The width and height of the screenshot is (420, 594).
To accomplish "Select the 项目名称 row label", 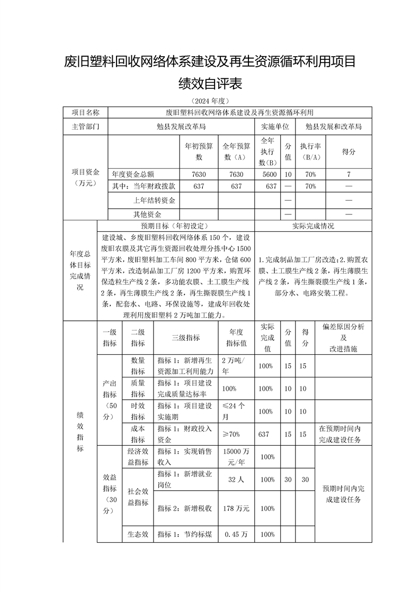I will pos(85,112).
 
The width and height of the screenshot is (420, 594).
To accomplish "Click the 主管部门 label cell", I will pos(85,127).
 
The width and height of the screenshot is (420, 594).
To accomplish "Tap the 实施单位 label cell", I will pos(275,127).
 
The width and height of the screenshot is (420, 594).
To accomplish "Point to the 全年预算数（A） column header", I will pos(236,151).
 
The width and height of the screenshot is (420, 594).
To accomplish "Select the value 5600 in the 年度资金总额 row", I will pos(269,174).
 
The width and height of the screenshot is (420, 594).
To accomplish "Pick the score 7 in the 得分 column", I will pos(348,174).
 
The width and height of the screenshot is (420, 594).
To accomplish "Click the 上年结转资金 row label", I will pos(154,201).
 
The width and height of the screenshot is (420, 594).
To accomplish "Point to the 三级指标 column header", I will pos(186,337).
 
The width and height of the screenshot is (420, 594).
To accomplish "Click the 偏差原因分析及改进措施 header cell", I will pos(343,337).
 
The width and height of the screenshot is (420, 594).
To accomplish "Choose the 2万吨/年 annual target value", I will pos(236,366).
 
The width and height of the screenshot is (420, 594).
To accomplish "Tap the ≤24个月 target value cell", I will pos(236,411).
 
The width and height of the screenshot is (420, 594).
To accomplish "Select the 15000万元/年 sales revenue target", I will pos(236,456).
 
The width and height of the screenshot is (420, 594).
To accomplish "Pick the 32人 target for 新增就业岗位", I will pos(236,479).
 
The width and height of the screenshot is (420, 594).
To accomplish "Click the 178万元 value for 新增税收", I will pos(236,508).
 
